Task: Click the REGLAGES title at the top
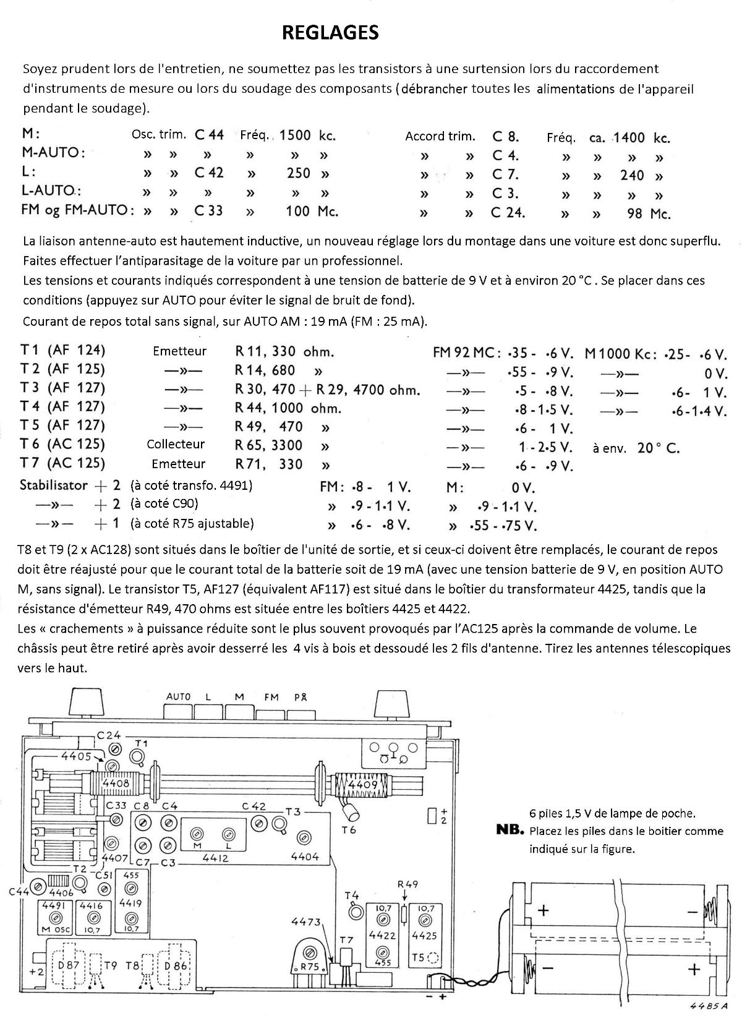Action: coord(330,33)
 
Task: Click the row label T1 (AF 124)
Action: coord(63,350)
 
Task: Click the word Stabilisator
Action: coord(54,485)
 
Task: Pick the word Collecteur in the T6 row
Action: coord(176,444)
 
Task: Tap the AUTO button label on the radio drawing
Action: coord(178,696)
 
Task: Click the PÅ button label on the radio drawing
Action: coord(301,697)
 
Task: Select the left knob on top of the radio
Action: coord(83,703)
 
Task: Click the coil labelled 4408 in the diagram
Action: coord(116,784)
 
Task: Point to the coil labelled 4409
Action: coord(362,785)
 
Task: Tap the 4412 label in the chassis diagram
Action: coord(215,858)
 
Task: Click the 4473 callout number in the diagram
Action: coord(306,922)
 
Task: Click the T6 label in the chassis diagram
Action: coord(349,830)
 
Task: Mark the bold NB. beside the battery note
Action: coord(510,830)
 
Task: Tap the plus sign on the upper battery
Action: coord(544,910)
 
